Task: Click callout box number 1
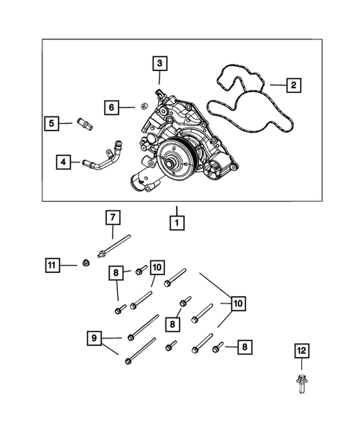[x=177, y=221]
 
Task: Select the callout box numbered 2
[x=293, y=85]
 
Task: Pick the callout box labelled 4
[x=64, y=160]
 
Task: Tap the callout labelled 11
[x=50, y=265]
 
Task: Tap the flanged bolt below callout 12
[x=301, y=386]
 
